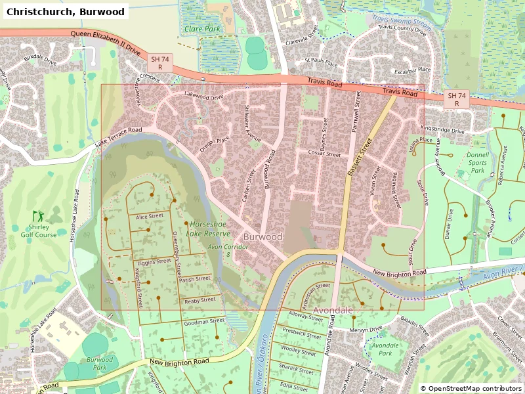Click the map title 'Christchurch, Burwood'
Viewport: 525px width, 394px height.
tap(64, 11)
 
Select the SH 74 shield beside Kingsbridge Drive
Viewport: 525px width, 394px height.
tap(457, 99)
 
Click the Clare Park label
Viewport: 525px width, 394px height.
tap(202, 29)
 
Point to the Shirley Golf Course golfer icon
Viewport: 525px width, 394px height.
tap(37, 215)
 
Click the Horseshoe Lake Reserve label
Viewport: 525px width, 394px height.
tap(208, 229)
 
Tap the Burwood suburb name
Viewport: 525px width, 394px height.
tap(262, 236)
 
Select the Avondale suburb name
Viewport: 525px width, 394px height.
tap(333, 309)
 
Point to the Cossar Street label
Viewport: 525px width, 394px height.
tap(325, 154)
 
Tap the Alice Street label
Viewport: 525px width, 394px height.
tap(149, 216)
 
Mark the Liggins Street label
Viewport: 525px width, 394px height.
tap(154, 262)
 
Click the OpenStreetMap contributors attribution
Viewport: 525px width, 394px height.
tap(471, 388)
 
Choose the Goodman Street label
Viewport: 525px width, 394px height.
tap(204, 322)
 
